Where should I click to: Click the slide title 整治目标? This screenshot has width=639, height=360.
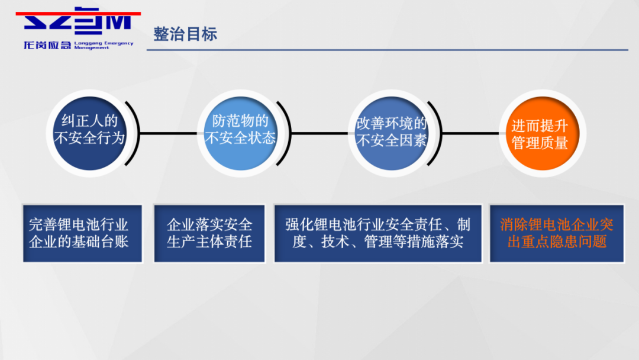click(x=185, y=34)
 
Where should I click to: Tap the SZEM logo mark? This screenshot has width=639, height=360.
click(x=77, y=21)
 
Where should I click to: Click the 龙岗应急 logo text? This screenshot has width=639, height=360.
click(x=47, y=45)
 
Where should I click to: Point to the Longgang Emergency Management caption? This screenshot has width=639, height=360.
click(x=104, y=45)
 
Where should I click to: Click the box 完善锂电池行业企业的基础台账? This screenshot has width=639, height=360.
click(x=82, y=233)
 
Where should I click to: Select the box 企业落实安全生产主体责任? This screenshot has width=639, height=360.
click(x=209, y=233)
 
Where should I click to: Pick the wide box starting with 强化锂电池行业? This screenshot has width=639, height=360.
click(x=377, y=233)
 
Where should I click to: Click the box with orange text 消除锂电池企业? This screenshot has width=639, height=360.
click(x=557, y=233)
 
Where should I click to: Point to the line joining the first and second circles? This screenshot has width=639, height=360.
click(x=168, y=133)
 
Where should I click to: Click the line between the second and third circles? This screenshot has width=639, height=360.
click(x=319, y=133)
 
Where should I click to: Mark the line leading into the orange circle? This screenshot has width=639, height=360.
click(x=470, y=133)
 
